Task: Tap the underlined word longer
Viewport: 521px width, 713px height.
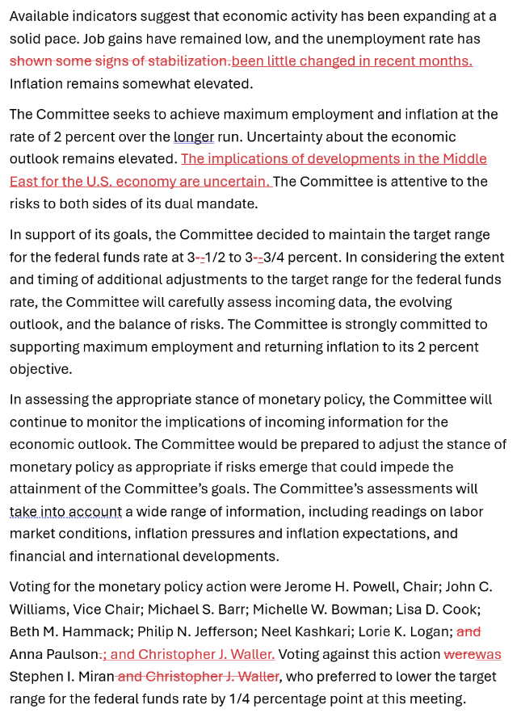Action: tap(194, 137)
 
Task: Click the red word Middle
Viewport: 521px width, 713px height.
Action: tap(464, 159)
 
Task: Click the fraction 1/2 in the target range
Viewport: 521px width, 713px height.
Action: tap(217, 258)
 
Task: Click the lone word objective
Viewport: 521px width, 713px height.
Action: tap(39, 369)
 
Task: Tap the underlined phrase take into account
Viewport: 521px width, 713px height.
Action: tap(65, 512)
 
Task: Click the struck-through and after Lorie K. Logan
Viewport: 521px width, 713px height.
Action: tap(468, 631)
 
